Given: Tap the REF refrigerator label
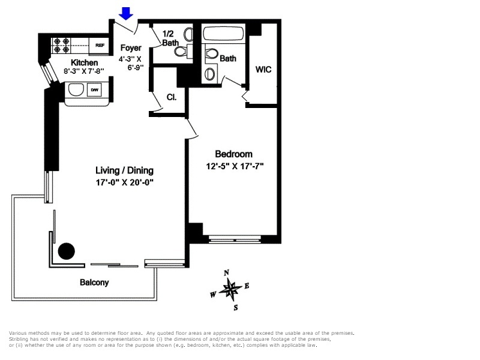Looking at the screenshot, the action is coord(100,45).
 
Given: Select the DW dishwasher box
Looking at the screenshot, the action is coord(94,90).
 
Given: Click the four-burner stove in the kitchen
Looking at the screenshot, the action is coord(62,43).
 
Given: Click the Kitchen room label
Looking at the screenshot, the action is coord(84,62).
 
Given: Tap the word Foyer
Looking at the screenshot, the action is coord(131,48).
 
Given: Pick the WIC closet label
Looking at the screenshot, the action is coord(263,70).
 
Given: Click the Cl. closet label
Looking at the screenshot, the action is coord(171,96).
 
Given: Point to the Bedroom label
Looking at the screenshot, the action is coord(233,154).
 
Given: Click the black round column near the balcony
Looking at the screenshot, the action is coord(65,250).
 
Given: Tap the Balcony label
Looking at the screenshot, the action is coord(94,283).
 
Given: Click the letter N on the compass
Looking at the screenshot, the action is coord(227,273).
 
